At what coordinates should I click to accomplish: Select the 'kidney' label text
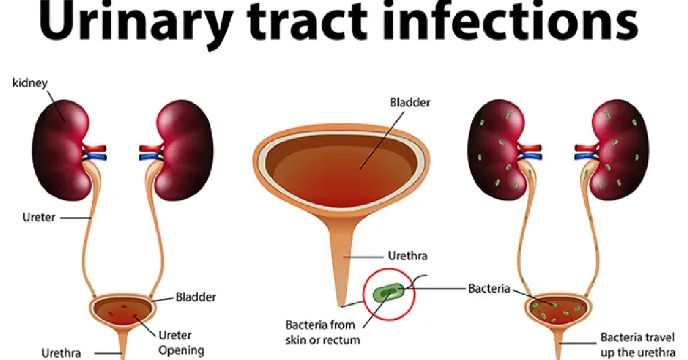(30, 83)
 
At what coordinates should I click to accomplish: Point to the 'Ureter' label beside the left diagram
(39, 217)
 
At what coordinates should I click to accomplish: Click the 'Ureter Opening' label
(181, 342)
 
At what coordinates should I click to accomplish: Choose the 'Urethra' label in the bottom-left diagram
(61, 353)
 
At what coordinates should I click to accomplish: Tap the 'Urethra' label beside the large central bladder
(408, 256)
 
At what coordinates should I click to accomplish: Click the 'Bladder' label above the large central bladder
(410, 102)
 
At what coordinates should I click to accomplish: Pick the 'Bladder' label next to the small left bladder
(196, 297)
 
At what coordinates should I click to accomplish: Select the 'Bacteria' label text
(489, 288)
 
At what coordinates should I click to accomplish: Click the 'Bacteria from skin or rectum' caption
(322, 332)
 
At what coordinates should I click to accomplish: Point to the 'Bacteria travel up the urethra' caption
(638, 345)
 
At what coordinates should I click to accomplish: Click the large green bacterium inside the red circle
(389, 292)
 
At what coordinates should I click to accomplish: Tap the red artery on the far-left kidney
(95, 148)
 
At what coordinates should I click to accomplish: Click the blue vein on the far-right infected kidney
(586, 157)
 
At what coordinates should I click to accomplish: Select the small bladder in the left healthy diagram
(123, 311)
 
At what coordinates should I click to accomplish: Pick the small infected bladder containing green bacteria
(558, 311)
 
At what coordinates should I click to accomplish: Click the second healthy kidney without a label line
(184, 150)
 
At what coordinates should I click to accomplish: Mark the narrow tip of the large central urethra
(341, 306)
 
